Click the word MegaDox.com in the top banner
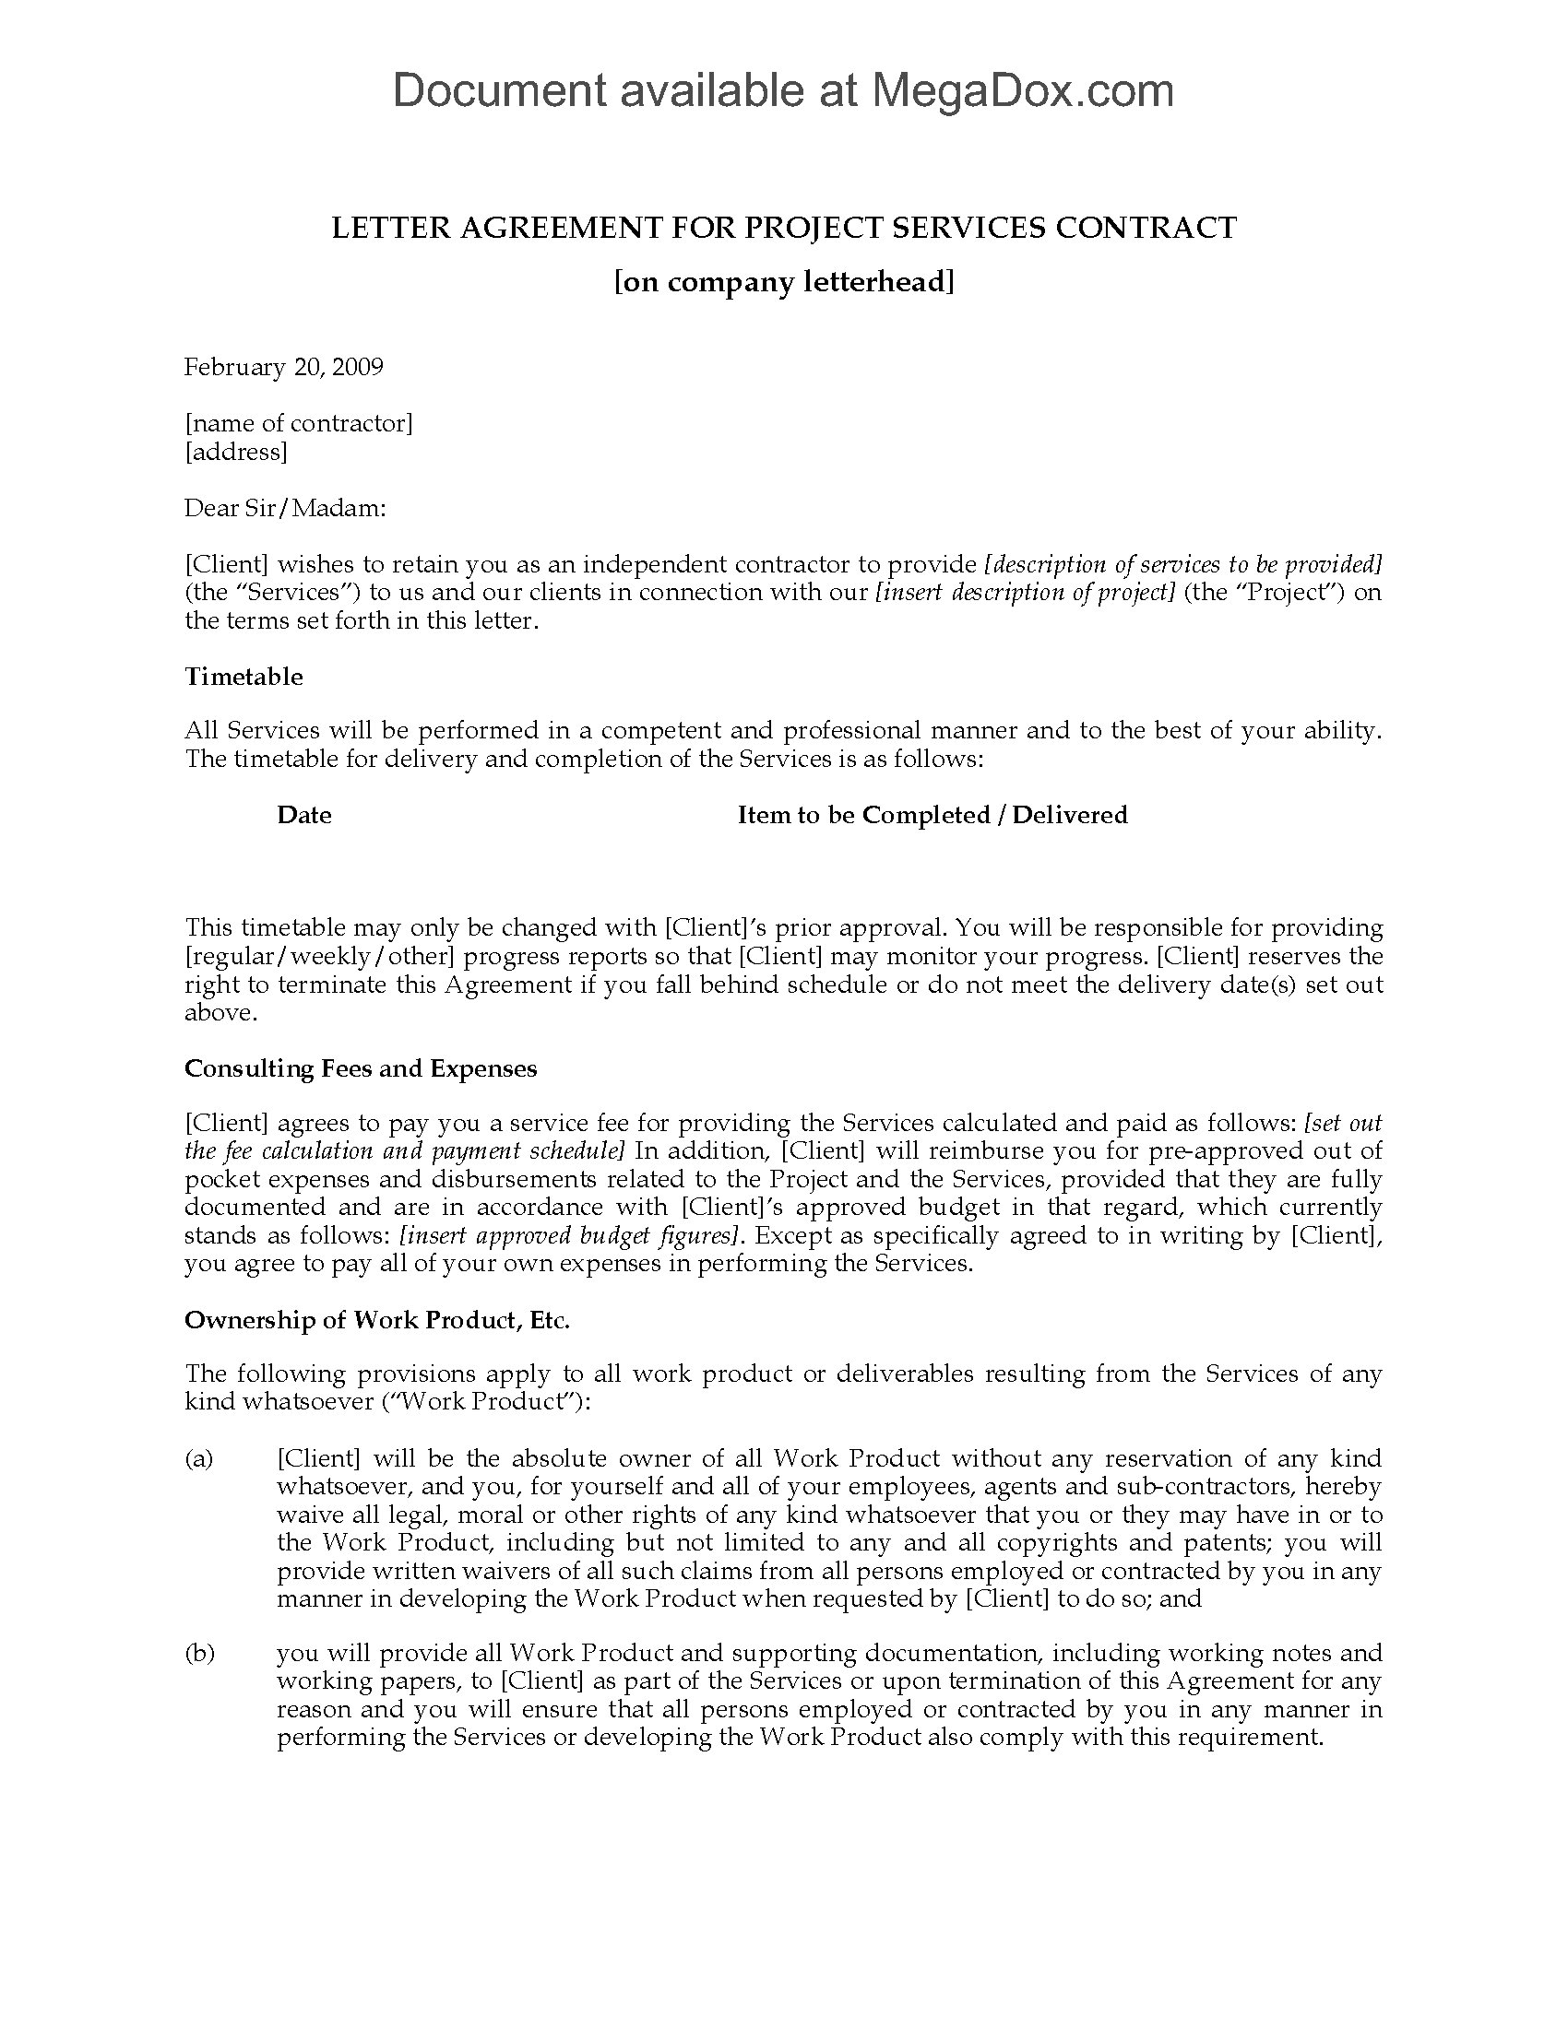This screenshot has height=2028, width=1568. tap(1022, 90)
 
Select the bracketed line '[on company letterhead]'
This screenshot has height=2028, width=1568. tap(784, 281)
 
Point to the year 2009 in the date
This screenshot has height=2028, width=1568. tap(358, 367)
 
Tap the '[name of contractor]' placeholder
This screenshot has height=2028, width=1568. tap(299, 423)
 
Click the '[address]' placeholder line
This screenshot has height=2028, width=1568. tap(236, 453)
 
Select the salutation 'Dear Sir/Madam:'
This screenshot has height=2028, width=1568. tap(284, 508)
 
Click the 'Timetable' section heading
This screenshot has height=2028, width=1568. tap(244, 676)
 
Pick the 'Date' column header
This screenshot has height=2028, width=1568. tap(303, 814)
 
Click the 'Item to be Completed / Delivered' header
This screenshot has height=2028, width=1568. tap(932, 814)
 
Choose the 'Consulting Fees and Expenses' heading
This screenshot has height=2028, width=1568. tap(361, 1067)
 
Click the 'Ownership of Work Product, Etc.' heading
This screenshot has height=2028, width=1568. tap(377, 1319)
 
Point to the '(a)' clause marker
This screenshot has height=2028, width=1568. tap(199, 1459)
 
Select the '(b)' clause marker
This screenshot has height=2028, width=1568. tap(200, 1653)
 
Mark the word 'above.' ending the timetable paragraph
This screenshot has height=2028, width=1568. tap(220, 1012)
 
